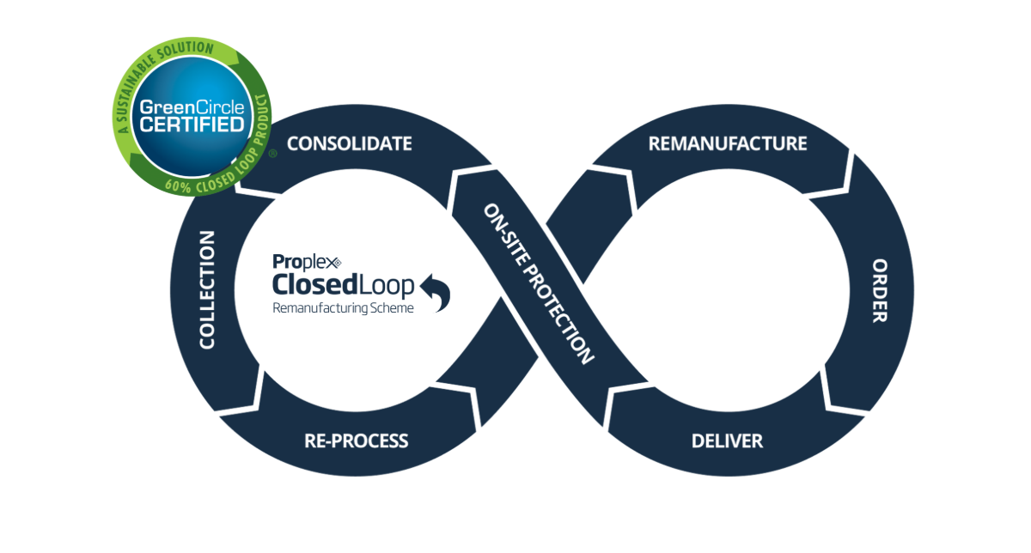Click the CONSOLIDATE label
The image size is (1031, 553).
point(349,143)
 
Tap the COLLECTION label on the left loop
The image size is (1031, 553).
point(206,289)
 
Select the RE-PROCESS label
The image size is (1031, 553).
point(356,441)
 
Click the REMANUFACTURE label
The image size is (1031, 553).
point(728,143)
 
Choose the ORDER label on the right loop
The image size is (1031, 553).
point(879,290)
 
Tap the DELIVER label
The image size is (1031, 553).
point(727,441)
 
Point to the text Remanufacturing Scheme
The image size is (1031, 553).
point(343,307)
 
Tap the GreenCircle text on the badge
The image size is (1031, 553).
point(192,108)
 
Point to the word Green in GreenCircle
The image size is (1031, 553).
point(168,108)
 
